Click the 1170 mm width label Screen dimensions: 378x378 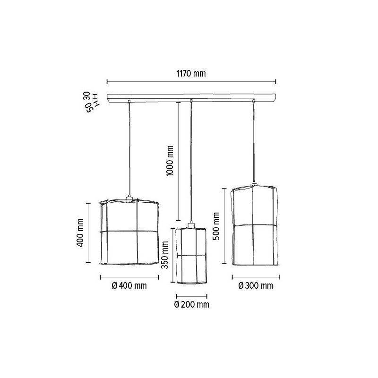click(x=191, y=73)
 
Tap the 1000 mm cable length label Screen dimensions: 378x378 click(x=170, y=161)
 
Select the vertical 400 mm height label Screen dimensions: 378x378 click(x=80, y=232)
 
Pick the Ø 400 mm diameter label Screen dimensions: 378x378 click(x=129, y=286)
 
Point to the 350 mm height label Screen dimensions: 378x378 click(x=164, y=255)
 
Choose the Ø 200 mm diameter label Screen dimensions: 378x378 click(x=192, y=305)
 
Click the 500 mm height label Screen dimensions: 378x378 click(x=216, y=226)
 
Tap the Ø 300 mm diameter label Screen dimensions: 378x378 click(x=256, y=286)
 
